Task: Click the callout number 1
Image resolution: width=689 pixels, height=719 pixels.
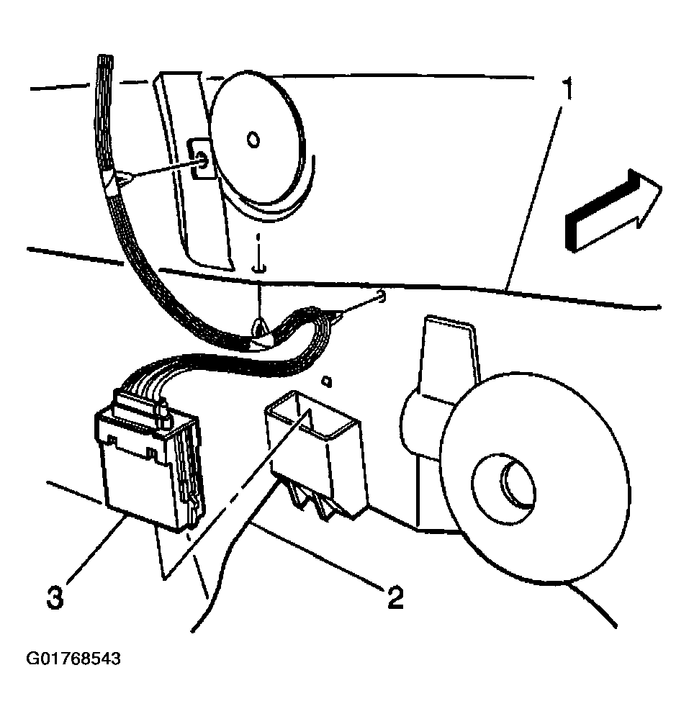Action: tap(568, 91)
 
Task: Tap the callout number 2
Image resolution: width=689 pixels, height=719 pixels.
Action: tap(394, 597)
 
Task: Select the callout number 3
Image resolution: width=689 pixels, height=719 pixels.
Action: tap(55, 597)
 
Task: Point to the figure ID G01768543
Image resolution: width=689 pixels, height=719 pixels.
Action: tap(73, 659)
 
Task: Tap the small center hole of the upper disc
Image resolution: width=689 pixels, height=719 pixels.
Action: tap(253, 140)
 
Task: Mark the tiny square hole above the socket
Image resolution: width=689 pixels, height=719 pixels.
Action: tap(325, 379)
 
